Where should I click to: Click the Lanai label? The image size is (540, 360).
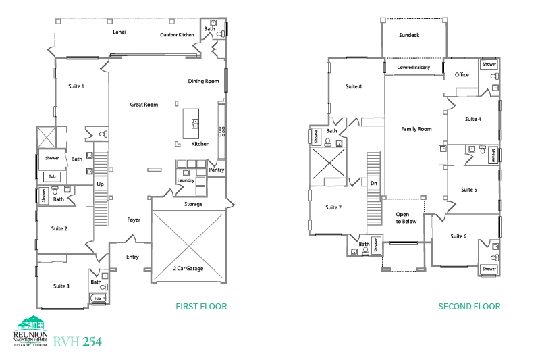click(119, 32)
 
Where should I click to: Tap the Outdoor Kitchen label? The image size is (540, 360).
click(177, 35)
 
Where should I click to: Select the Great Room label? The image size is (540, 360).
click(144, 105)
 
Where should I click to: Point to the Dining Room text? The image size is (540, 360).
click(203, 81)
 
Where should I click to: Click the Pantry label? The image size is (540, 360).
click(216, 170)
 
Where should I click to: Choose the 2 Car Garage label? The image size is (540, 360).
click(188, 268)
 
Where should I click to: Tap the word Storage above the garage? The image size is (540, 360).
click(193, 204)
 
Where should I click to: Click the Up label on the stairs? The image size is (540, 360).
click(100, 184)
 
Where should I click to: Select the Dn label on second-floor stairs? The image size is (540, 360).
click(374, 183)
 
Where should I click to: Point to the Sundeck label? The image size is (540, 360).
click(409, 35)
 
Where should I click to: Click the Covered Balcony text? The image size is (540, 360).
click(414, 67)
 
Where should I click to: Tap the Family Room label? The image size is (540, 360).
click(416, 129)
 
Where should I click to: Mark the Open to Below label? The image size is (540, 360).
click(406, 217)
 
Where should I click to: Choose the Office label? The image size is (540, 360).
click(462, 74)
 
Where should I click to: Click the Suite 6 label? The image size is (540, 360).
click(458, 236)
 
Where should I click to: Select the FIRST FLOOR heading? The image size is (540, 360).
click(201, 306)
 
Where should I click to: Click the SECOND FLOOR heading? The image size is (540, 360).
click(469, 306)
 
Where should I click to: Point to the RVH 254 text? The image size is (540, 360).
click(78, 341)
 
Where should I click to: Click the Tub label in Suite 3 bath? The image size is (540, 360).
click(97, 298)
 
